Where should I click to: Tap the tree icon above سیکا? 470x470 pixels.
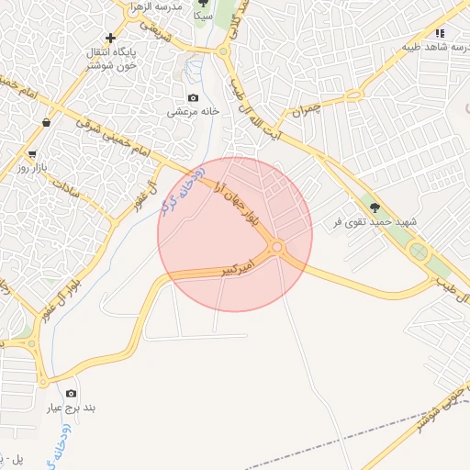pos(203,4)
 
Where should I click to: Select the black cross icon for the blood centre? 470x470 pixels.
pos(111,39)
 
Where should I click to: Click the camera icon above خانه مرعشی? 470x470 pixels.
pos(193,97)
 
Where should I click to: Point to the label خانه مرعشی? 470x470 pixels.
pos(193,112)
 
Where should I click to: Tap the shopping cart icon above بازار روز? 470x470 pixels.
pos(32,154)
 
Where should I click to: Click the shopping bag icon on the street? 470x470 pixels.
pos(46,122)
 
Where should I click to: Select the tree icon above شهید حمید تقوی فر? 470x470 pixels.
pos(373,207)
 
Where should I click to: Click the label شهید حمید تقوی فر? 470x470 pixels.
pos(377,223)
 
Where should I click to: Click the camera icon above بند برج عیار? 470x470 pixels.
pos(72,393)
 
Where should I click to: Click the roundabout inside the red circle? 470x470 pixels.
pos(276,247)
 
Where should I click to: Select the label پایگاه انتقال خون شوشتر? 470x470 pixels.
pos(111,59)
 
